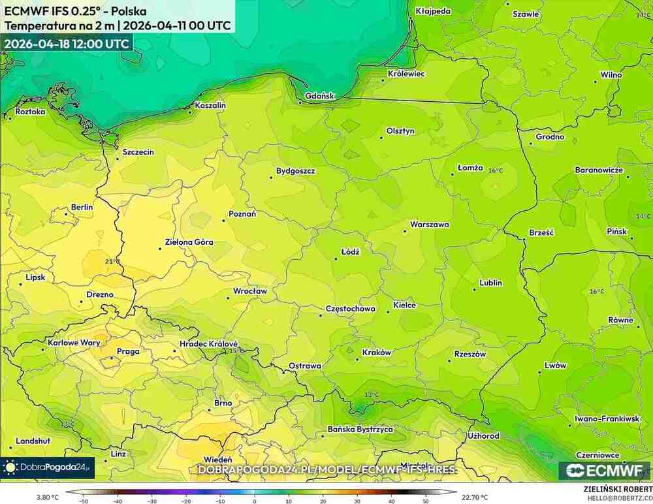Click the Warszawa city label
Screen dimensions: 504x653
pyautogui.click(x=429, y=225)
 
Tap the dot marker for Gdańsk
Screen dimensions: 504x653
pyautogui.click(x=300, y=102)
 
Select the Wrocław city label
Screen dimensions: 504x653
pyautogui.click(x=251, y=291)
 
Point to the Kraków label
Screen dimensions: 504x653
pyautogui.click(x=376, y=353)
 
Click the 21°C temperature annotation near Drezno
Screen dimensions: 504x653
pyautogui.click(x=112, y=261)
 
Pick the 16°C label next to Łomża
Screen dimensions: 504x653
pyautogui.click(x=496, y=170)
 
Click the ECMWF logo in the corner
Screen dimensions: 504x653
pyautogui.click(x=605, y=471)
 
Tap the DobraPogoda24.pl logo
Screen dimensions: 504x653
pyautogui.click(x=47, y=467)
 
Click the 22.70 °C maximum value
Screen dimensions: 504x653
pyautogui.click(x=475, y=497)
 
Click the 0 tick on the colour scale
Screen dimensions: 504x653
pyautogui.click(x=254, y=501)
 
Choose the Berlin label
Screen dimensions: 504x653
pyautogui.click(x=82, y=207)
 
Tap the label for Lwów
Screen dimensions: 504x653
pyautogui.click(x=555, y=366)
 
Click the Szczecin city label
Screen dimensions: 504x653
pyautogui.click(x=138, y=152)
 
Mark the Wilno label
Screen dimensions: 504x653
pyautogui.click(x=611, y=75)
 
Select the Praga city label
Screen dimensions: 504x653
pyautogui.click(x=127, y=351)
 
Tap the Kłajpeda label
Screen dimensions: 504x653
pyautogui.click(x=433, y=11)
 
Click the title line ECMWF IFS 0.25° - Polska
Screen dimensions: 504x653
pyautogui.click(x=75, y=12)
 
